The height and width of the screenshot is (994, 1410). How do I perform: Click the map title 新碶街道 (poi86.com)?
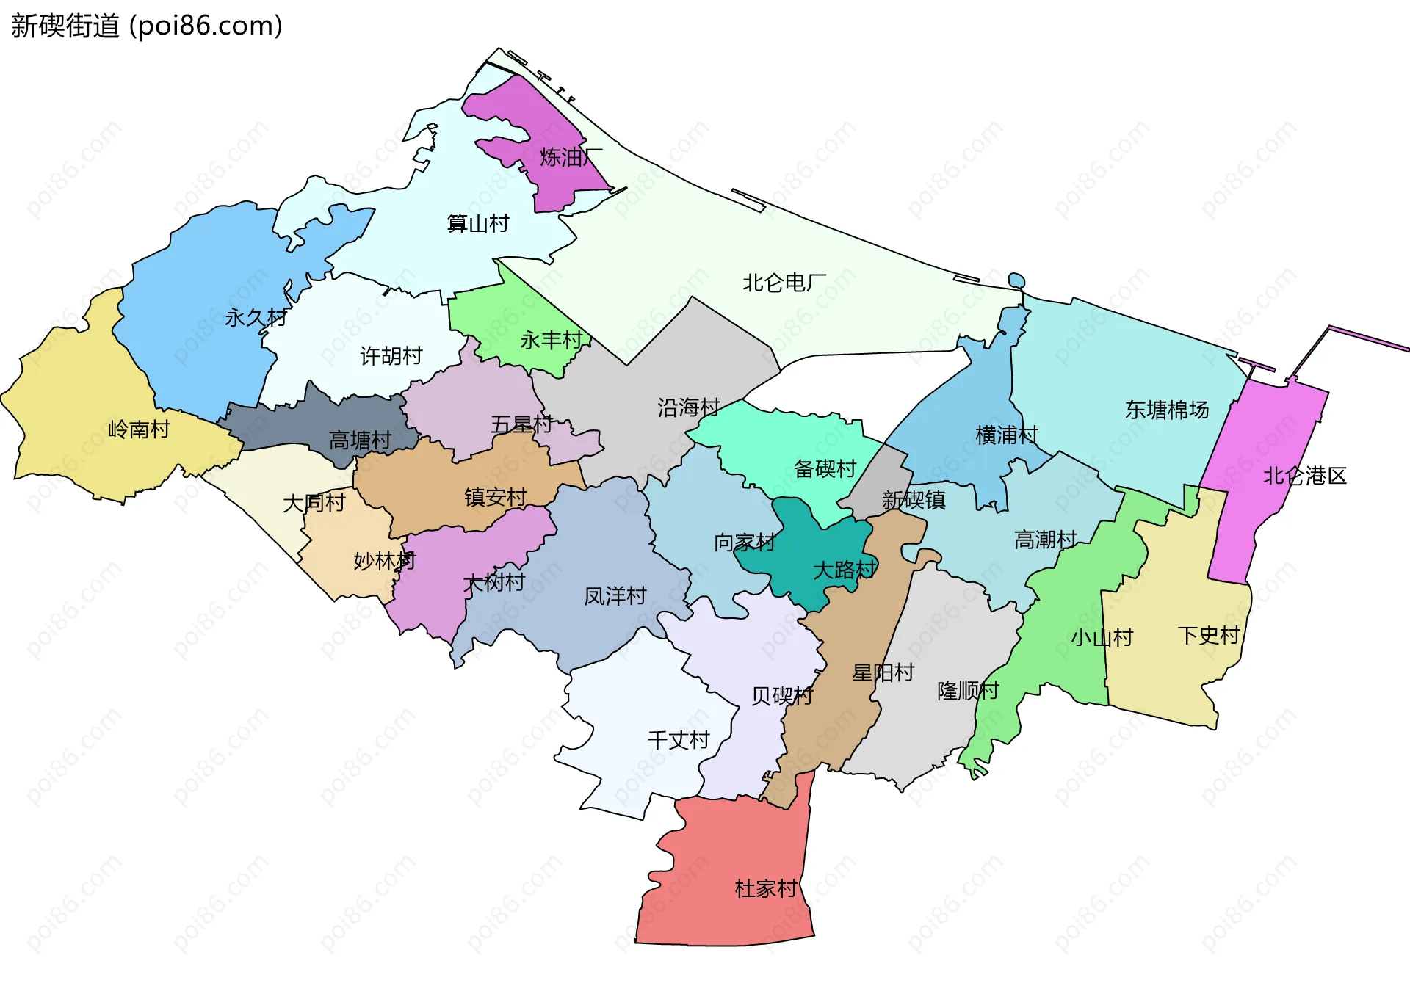[x=147, y=26]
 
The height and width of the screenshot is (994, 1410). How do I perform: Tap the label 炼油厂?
[x=571, y=157]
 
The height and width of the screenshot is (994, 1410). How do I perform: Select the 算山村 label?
[x=478, y=223]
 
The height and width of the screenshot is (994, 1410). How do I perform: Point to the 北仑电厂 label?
[x=784, y=283]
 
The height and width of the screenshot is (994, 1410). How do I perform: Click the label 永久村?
[x=256, y=318]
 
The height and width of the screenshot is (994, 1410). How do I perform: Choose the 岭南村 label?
[x=139, y=429]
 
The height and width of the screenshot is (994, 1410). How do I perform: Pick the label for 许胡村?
[x=391, y=356]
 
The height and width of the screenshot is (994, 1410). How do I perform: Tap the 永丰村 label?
[x=551, y=340]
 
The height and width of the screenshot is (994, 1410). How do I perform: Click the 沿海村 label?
[x=688, y=407]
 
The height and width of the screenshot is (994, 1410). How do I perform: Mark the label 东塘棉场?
[x=1166, y=410]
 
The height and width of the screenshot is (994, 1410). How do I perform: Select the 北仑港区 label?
[x=1304, y=476]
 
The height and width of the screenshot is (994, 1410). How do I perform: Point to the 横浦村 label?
[x=1006, y=435]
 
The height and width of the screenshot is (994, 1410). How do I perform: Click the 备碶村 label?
[x=825, y=468]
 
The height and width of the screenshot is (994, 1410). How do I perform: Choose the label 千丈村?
[x=679, y=740]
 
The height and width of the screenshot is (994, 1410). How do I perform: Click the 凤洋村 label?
[x=615, y=596]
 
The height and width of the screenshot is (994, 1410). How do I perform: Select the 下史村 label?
[x=1208, y=635]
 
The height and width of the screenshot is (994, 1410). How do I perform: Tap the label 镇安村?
[x=495, y=497]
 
